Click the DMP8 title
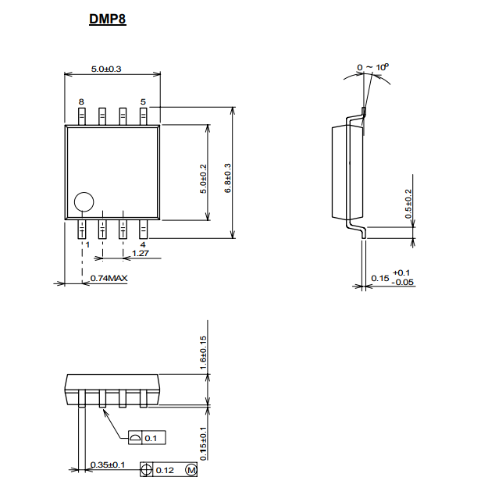coord(108,19)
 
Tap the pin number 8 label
coord(81,101)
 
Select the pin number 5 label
coord(143,101)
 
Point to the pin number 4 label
coord(143,245)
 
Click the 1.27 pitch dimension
coord(141,253)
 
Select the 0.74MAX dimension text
coord(109,278)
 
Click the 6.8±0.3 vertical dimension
coord(227,178)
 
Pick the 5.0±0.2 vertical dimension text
coord(203,179)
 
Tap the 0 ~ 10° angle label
coord(372,67)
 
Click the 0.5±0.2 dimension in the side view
coord(408,204)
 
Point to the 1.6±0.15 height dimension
coord(203,352)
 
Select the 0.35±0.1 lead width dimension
coord(108,465)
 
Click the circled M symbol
coord(191,470)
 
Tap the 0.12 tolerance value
coord(165,470)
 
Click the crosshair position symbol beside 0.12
coord(146,470)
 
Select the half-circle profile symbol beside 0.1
coord(135,438)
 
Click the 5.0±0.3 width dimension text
coord(106,69)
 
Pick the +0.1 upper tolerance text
coord(401,272)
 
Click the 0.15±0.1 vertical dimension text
coord(203,443)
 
